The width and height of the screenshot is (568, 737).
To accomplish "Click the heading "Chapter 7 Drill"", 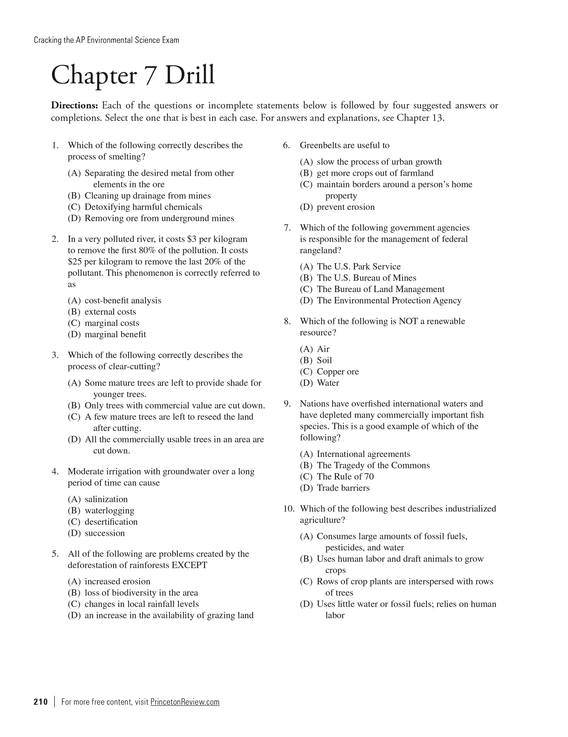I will click(133, 75).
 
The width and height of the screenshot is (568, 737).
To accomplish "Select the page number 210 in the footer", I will click(41, 702).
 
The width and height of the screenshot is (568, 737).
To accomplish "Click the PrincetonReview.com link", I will click(185, 702).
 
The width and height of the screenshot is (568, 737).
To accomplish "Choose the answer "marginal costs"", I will click(112, 323).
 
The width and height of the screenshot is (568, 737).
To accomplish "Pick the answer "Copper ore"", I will click(338, 371).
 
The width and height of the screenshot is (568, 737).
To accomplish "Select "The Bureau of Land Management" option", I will click(380, 289).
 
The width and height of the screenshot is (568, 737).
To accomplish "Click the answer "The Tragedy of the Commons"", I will click(373, 465).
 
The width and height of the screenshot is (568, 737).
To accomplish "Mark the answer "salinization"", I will click(106, 499).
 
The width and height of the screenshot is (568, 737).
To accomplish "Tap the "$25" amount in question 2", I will click(74, 262).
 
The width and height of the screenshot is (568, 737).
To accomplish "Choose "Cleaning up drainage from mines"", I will click(148, 196).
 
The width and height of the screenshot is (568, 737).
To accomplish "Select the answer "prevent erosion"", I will click(346, 207).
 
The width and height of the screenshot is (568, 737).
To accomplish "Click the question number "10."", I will click(289, 509).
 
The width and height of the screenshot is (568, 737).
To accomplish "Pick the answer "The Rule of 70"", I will click(345, 477).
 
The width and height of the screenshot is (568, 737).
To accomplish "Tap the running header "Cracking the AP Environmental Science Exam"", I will click(107, 40).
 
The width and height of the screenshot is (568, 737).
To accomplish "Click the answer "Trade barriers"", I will click(343, 488).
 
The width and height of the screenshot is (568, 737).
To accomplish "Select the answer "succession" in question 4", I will click(105, 533).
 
